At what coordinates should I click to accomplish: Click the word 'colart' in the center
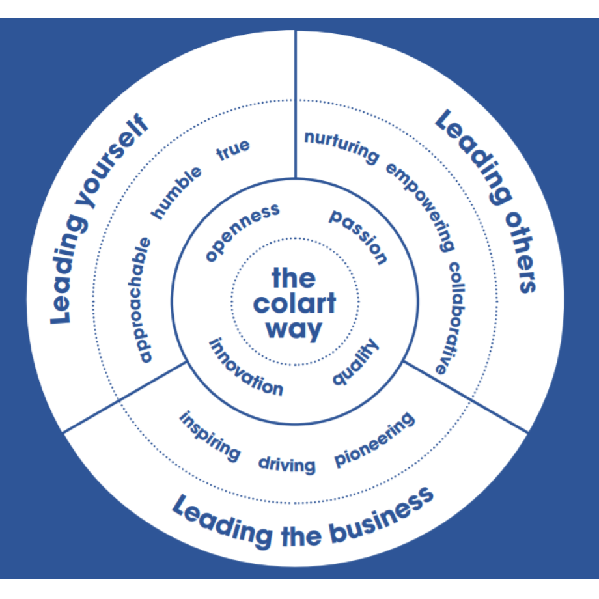(294, 303)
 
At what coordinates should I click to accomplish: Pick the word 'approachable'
(144, 299)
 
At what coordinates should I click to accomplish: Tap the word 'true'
(232, 150)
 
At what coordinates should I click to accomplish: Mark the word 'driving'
(287, 464)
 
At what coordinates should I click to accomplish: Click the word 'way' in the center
(294, 329)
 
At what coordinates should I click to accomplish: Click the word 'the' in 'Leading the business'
(301, 536)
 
